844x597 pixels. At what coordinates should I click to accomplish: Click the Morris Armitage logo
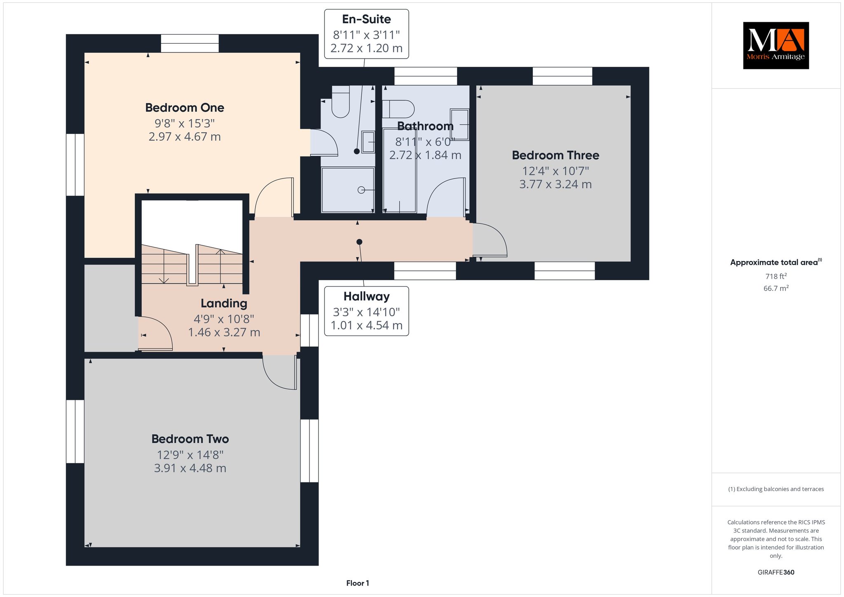tap(776, 45)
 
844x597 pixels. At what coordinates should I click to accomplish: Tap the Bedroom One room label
tap(185, 108)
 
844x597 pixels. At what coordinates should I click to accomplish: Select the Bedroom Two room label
tap(190, 439)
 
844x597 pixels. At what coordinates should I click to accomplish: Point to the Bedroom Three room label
tap(556, 155)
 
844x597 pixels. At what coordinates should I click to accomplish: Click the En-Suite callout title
tap(366, 19)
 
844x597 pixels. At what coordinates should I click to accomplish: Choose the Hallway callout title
tap(366, 296)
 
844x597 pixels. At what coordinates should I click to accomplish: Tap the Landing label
tap(224, 303)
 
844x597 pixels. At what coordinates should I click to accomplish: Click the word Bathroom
tap(425, 126)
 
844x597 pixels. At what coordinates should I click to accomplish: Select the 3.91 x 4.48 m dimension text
tap(190, 468)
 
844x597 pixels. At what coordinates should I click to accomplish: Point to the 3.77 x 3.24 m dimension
tap(556, 184)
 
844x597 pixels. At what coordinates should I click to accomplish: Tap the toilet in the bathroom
tap(398, 109)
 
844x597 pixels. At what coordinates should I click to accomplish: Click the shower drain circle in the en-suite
tap(361, 190)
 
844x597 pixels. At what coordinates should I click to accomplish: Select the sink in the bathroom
tap(460, 124)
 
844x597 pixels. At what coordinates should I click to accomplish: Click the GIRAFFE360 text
tap(776, 572)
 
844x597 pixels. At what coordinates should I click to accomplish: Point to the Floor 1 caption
tap(358, 583)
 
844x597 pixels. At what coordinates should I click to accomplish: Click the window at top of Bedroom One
tap(190, 43)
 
